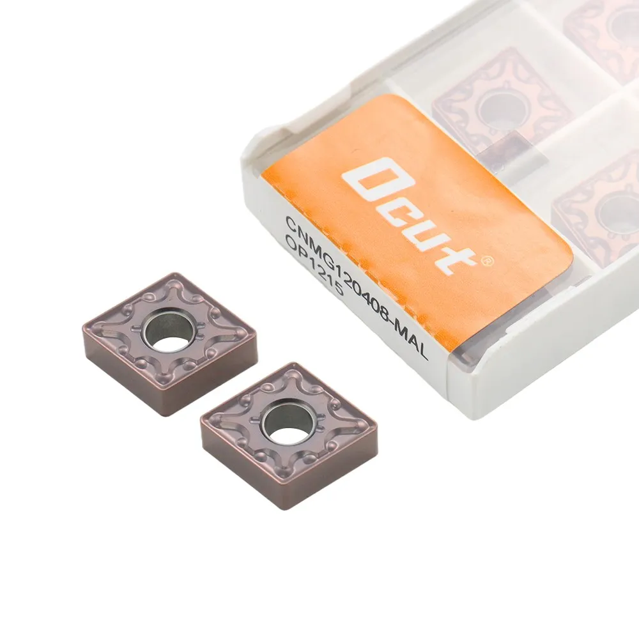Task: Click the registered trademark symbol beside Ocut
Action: [x=488, y=261]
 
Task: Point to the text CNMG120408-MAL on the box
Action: [x=357, y=288]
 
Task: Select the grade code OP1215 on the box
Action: [x=314, y=266]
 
